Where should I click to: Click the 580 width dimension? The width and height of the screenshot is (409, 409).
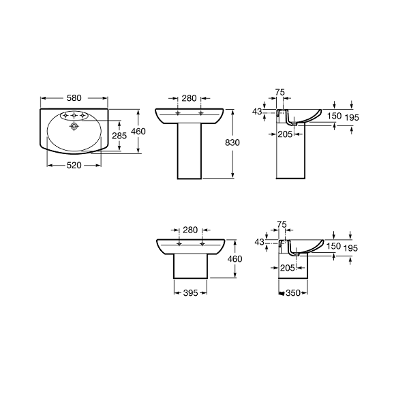pos(74,98)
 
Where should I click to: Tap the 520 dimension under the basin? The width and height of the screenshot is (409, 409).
pos(74,165)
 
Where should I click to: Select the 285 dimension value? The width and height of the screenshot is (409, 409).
pos(119,136)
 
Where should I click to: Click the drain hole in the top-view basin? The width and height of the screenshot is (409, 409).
pos(74,126)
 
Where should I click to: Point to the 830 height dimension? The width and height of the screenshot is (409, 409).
pos(232,142)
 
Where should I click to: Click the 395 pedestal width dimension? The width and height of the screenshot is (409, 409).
pos(190,293)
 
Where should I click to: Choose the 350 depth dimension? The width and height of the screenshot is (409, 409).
pos(293,293)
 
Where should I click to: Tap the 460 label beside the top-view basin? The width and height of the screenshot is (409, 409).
pos(138,131)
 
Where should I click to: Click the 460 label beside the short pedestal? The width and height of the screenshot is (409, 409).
pos(234,259)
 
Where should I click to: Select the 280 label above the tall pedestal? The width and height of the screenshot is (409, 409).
pos(189,98)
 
